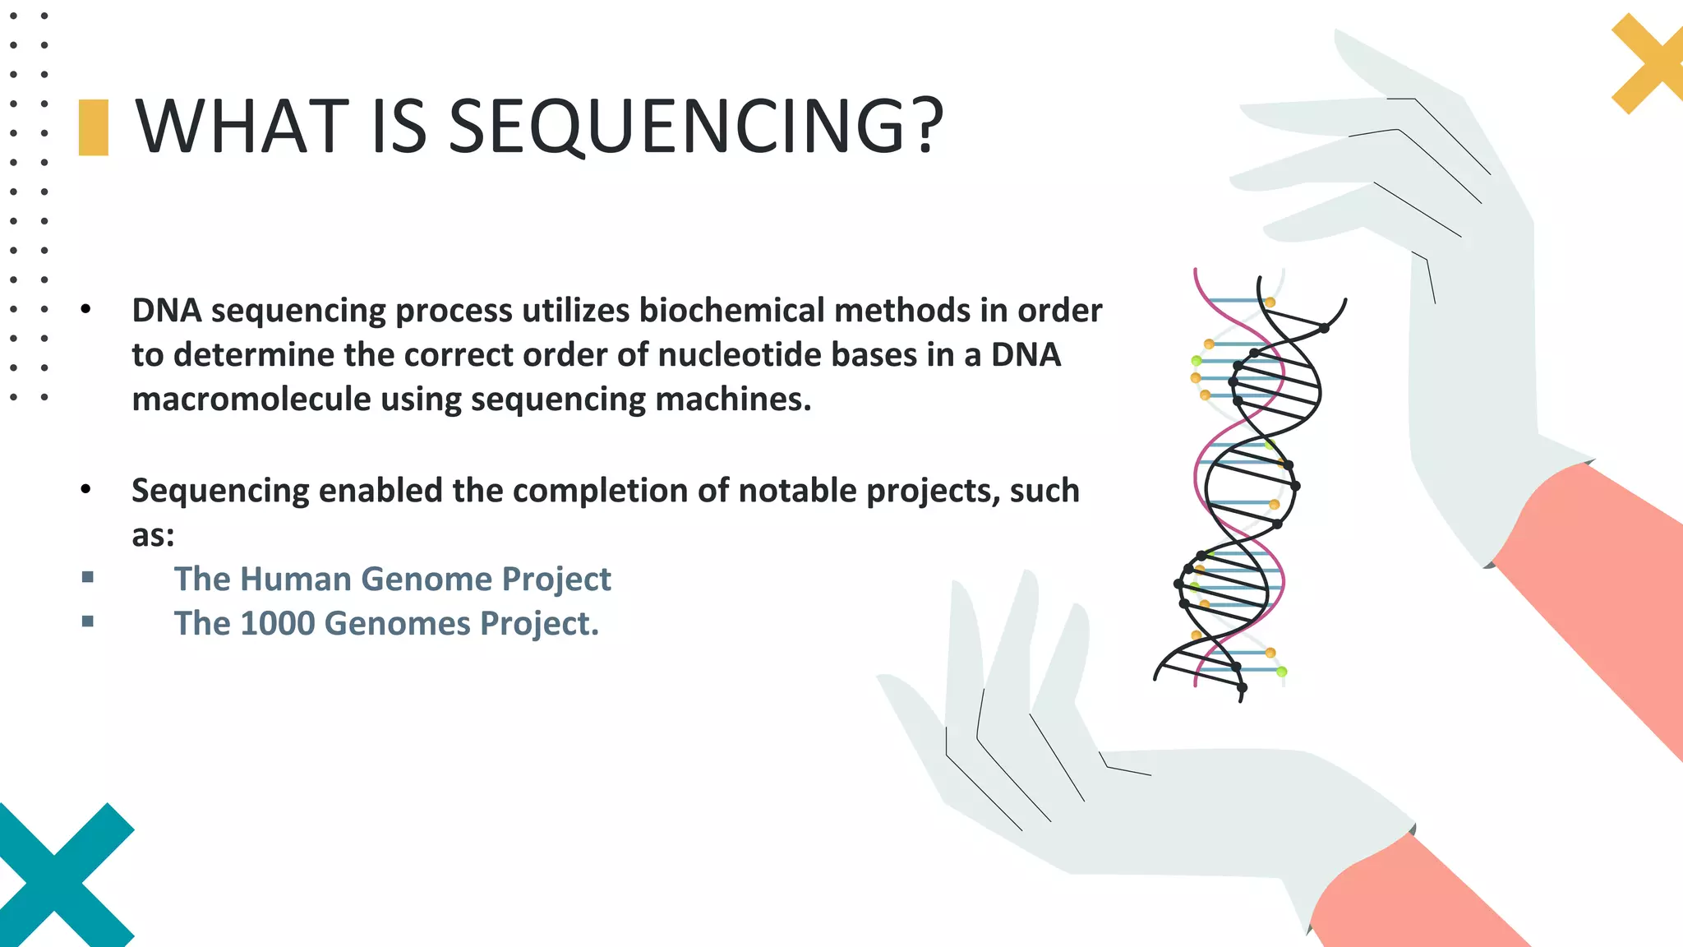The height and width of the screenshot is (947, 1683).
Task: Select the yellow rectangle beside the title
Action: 94,127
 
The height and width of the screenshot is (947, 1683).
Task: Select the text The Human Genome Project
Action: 392,580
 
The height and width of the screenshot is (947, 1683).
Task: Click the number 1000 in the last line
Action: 278,624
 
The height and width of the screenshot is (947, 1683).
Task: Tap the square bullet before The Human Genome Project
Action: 88,578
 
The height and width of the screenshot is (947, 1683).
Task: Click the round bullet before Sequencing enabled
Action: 86,490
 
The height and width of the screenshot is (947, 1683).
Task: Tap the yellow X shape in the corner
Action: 1648,66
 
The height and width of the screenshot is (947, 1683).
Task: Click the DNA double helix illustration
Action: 1249,485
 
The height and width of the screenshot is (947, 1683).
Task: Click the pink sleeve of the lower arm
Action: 1413,896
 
